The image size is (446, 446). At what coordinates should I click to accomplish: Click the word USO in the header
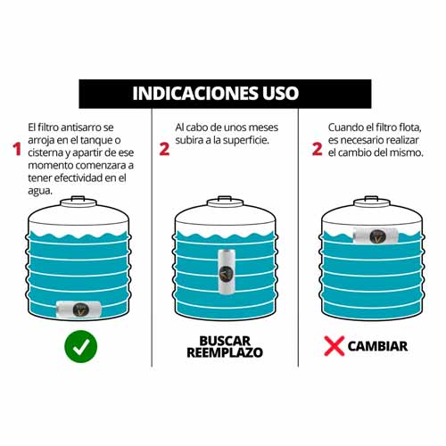pos(281,94)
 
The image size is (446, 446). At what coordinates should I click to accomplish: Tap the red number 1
pos(17,149)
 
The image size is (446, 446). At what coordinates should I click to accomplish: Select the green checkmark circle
pos(81,346)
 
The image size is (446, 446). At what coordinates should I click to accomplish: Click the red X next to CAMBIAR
pos(334,346)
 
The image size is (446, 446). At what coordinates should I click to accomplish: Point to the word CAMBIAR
pos(377,346)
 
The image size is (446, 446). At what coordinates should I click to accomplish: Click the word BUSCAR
pos(225,341)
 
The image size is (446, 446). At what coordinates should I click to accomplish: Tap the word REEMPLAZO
pos(225,352)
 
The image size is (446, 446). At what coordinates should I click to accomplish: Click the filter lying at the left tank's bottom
pos(78,310)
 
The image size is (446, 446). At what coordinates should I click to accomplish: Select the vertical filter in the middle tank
pos(226,272)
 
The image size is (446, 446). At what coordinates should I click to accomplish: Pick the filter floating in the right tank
pos(376,235)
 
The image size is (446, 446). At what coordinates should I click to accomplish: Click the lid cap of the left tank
pos(78,202)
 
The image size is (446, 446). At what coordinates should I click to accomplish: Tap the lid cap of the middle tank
pos(225,202)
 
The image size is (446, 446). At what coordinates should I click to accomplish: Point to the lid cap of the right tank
pos(372,202)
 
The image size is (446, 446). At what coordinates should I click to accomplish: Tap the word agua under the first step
pos(40,191)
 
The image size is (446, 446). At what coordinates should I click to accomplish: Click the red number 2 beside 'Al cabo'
pos(164,149)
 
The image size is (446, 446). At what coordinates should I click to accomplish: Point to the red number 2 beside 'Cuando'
pos(318,149)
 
